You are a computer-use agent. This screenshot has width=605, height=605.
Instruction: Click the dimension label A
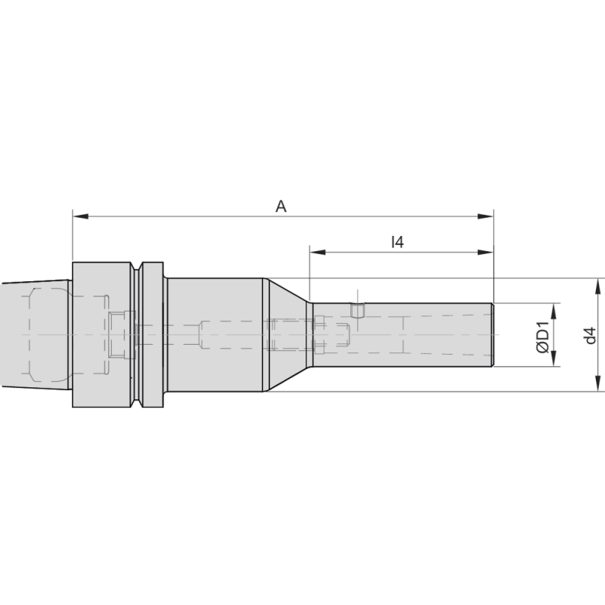[x=281, y=206]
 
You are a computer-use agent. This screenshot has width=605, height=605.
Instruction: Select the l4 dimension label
[x=397, y=242]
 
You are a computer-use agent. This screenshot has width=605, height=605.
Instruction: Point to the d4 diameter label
[x=591, y=336]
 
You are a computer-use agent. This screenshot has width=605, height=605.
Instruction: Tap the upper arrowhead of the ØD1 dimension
[x=555, y=309]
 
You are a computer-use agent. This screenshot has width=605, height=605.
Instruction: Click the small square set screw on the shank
[x=358, y=310]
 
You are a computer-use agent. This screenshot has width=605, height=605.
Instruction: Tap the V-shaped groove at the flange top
[x=138, y=267]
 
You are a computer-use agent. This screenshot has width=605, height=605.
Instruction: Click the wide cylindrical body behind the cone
[x=214, y=335]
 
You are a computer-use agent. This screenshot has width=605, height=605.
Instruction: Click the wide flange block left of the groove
[x=102, y=335]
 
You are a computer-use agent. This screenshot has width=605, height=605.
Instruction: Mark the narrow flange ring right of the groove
[x=153, y=335]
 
